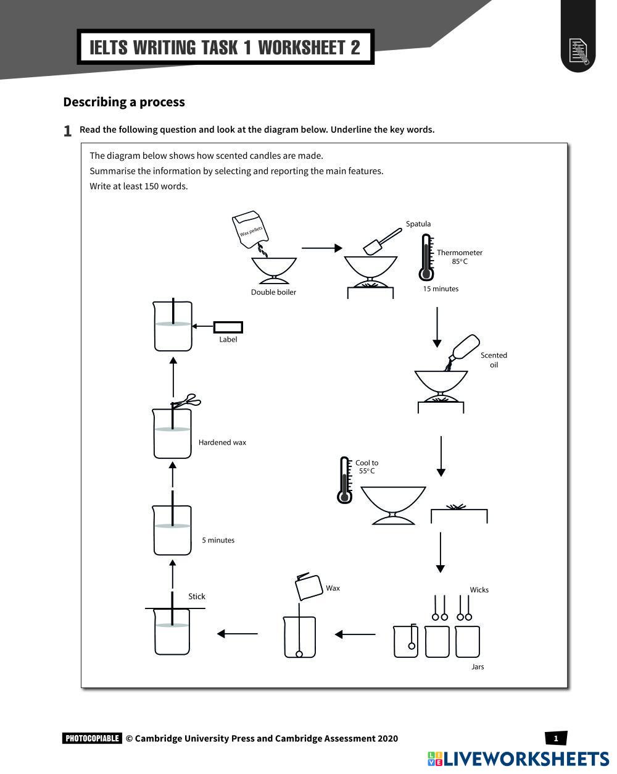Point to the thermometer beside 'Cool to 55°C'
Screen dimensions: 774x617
pos(345,480)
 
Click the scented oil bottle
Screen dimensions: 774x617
pos(465,348)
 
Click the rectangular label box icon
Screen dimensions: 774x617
pos(228,327)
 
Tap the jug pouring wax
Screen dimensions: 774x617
pos(309,586)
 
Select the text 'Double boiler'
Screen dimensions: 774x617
pos(273,292)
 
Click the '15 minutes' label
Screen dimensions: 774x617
pos(441,288)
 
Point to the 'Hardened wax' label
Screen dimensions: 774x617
pos(222,442)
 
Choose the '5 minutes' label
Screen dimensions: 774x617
pos(218,540)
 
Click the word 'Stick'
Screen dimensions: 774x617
pos(197,596)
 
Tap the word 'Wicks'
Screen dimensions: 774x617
pos(479,590)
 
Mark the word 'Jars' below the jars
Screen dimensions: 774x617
pos(478,667)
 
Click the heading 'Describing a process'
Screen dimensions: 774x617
pos(124,102)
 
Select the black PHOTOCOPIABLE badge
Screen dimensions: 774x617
pos(92,738)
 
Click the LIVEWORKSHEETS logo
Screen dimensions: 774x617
pos(518,759)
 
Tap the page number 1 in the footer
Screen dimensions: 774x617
pos(556,738)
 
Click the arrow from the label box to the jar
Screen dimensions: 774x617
pos(202,326)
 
